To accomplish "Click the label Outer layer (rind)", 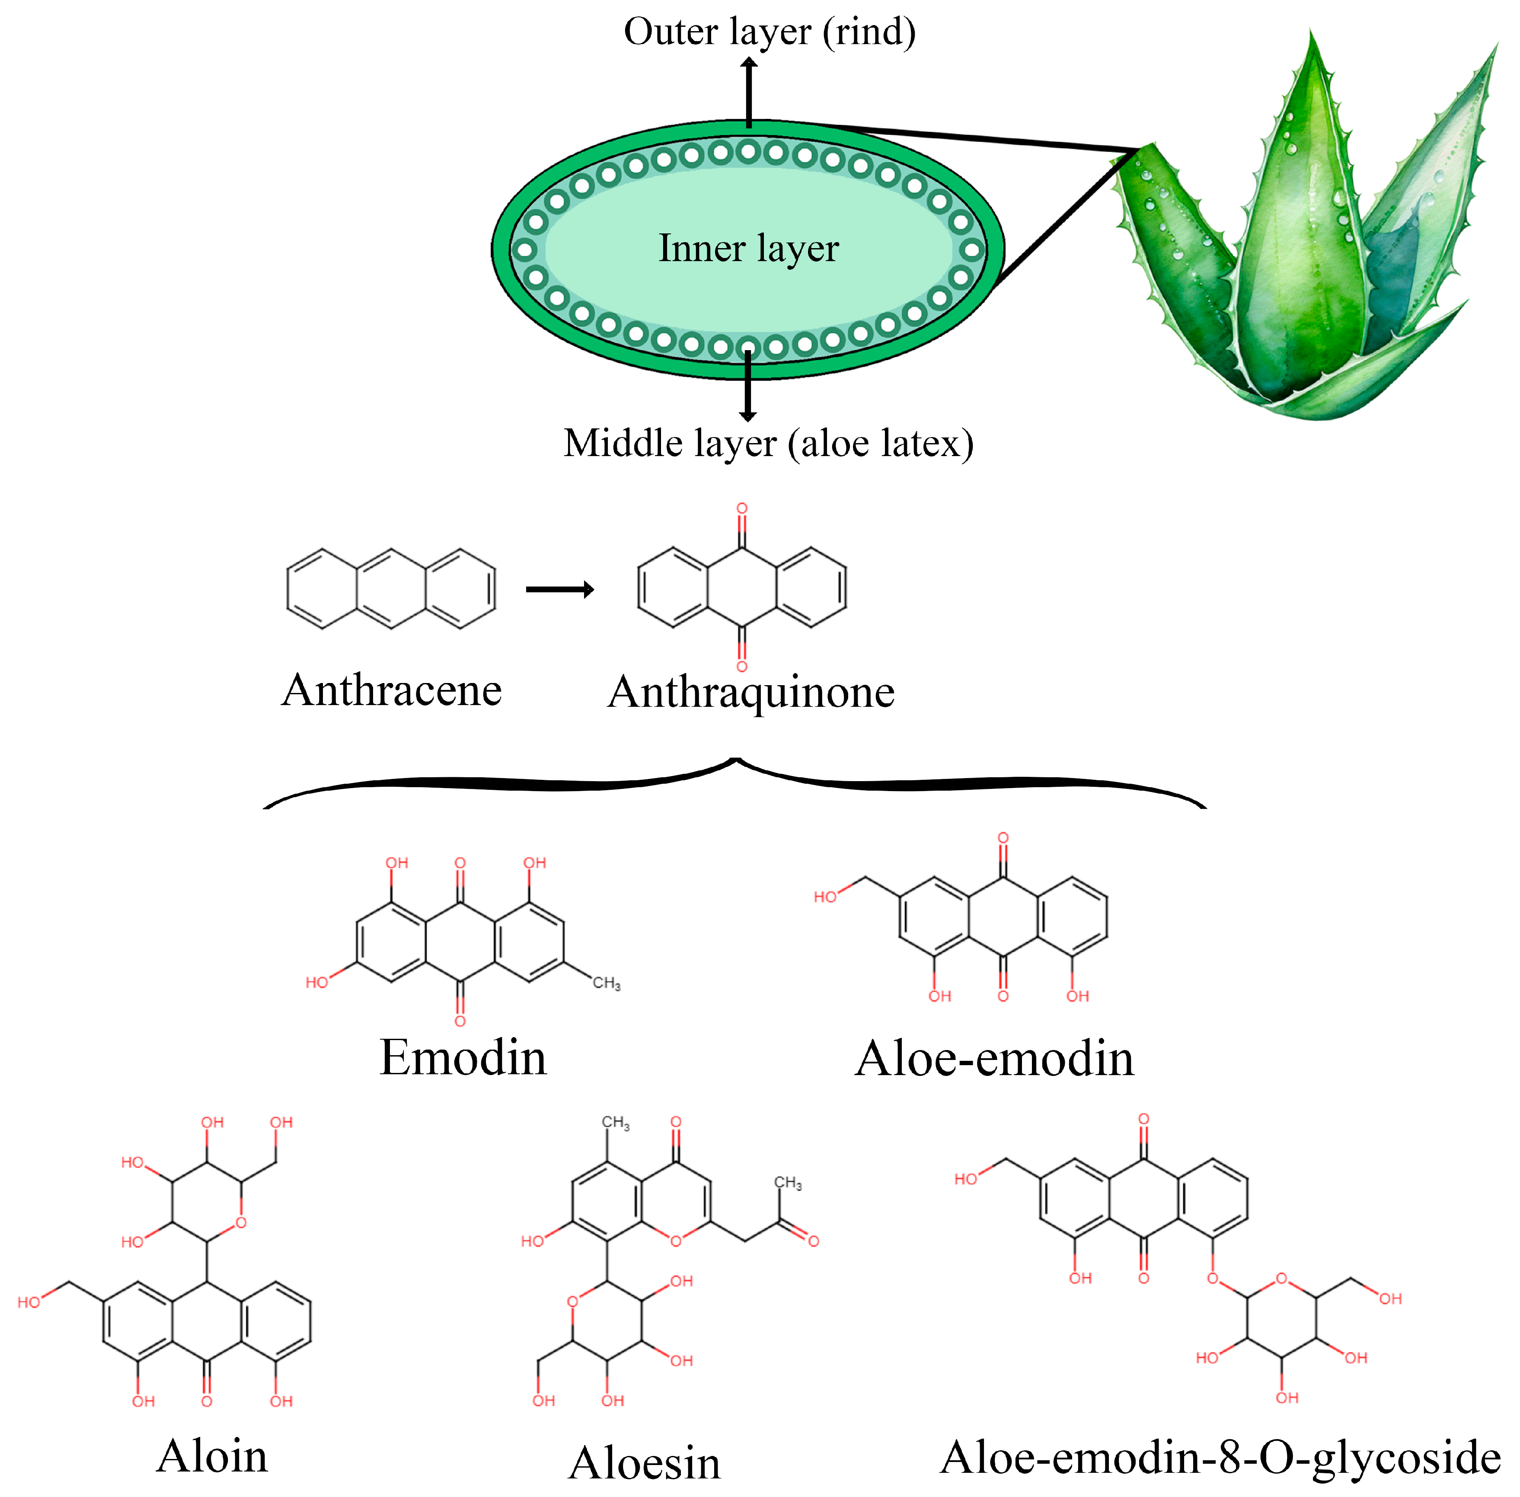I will (x=769, y=33).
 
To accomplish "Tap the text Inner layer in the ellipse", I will (x=748, y=249).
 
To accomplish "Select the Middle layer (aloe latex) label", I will (x=768, y=444).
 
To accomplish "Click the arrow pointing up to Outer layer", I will (x=749, y=90).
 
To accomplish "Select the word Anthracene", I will (x=392, y=690).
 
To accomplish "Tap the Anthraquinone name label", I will (x=751, y=692).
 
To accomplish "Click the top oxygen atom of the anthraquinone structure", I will (x=741, y=509).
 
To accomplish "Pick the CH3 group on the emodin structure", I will (x=606, y=983).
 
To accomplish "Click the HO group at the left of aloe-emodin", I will (x=825, y=897).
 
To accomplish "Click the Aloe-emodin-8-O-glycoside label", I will (x=1220, y=1457).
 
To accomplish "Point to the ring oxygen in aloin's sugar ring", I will (x=241, y=1222).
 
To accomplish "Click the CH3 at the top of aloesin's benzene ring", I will (x=616, y=1123).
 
